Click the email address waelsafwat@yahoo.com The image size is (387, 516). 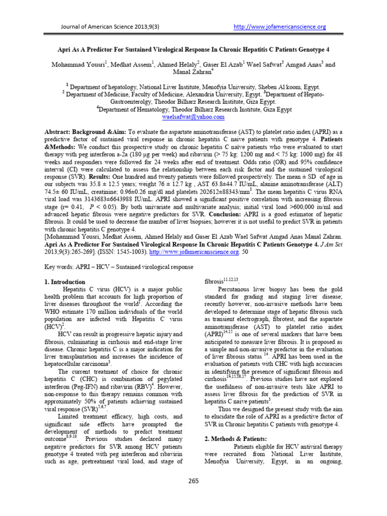tap(193, 117)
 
